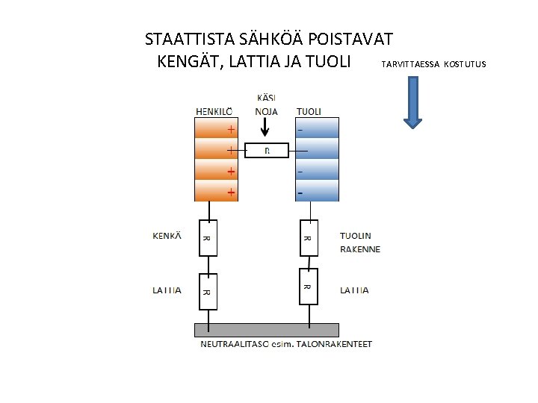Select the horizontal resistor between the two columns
pos(267,151)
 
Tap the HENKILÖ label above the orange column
pos(213,111)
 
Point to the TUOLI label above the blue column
pos(309,111)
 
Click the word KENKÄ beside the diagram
pos(167,236)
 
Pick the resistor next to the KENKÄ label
pos(207,238)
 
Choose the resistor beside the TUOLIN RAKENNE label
pos(307,238)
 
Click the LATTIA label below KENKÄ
pos(167,290)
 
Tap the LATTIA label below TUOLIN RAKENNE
pos(354,290)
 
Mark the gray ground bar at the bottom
pos(266,330)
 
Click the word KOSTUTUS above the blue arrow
pos(464,64)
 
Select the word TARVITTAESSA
pos(410,64)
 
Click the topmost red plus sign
pos(231,129)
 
